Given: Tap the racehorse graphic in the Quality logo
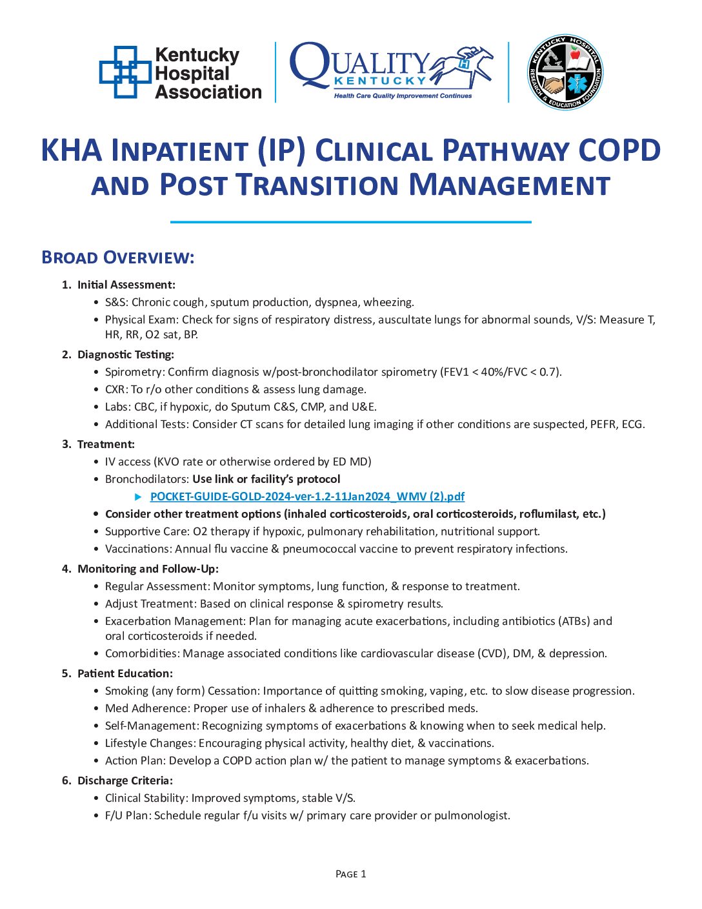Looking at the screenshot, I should coord(462,66).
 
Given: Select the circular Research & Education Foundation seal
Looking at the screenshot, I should coord(565,72).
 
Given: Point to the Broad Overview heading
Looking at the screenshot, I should coord(117,258).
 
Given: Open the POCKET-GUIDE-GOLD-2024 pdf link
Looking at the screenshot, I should coord(307,496).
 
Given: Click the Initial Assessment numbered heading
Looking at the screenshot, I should coord(126,285).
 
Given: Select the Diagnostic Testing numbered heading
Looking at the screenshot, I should coord(125,354).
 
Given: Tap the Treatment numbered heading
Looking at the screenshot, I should coord(106,444).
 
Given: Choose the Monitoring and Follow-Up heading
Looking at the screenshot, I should coord(148,569).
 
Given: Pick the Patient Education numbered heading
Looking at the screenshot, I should coord(125,673).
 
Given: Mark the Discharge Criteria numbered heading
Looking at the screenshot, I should coord(125,781).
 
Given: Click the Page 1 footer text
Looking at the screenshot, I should coord(350,874).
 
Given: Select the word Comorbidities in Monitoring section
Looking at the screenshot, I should coord(141,653).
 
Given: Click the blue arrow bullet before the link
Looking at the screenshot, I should coord(138,496).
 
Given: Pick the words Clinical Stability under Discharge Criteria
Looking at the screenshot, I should coord(146,798).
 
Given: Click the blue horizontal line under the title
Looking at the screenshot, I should coord(350,222).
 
